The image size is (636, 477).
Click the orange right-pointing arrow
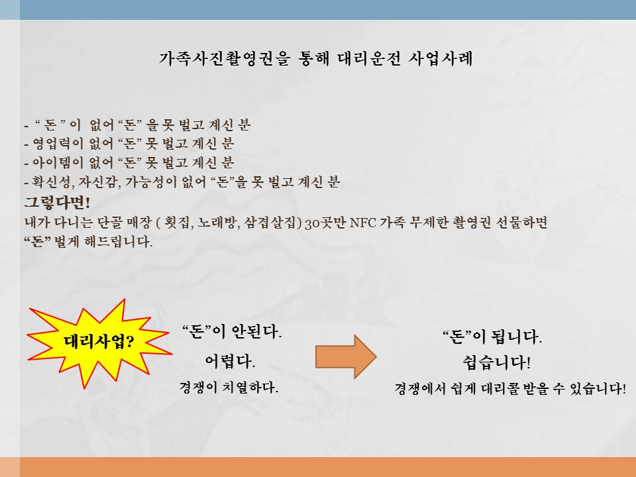346,357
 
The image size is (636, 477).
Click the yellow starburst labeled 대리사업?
99,343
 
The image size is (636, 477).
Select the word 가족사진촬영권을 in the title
225,58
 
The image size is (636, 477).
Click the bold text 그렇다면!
57,202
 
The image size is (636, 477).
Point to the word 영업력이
58,144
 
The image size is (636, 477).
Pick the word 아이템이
58,163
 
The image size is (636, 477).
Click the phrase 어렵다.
230,360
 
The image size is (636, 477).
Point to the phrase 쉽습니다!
496,362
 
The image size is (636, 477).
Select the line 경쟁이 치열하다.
229,387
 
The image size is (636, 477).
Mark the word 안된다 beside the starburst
256,332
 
